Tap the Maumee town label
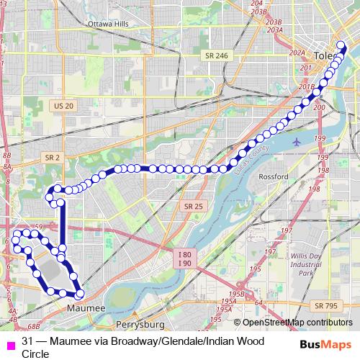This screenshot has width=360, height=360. pos(86,308)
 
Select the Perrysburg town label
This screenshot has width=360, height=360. pos(136,315)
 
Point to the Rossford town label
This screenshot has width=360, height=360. pos(274,177)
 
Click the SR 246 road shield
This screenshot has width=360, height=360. pos(215,55)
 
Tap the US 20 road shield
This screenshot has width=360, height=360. pos(63,106)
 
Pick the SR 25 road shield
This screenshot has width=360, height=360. pos(192,206)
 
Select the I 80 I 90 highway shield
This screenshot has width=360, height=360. pos(185,259)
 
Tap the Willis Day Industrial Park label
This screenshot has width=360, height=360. pos(306,264)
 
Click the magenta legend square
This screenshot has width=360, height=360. pos(9,341)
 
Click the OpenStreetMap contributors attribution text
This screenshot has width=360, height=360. pos(293,323)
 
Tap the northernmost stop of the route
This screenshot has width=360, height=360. pos(341,45)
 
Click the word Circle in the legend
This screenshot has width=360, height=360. pos(35,354)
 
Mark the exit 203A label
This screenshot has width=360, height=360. pos(274,31)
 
